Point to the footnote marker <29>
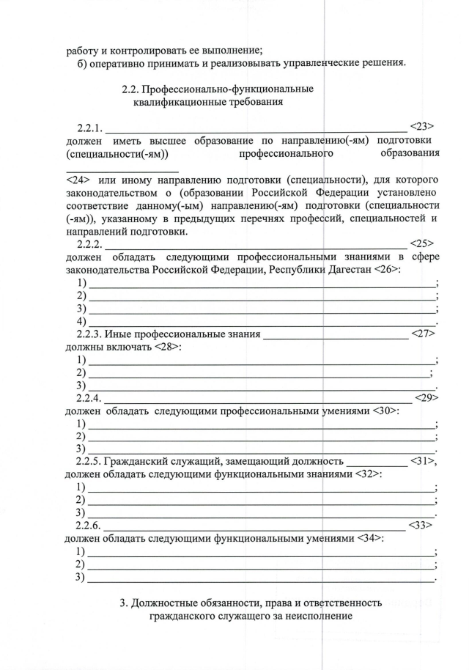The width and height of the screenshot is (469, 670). (x=426, y=397)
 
